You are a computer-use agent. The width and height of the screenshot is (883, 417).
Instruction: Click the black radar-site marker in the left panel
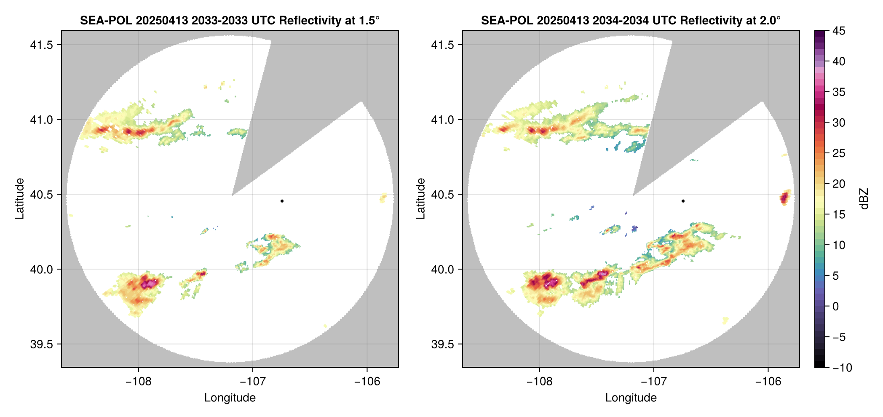pos(282,201)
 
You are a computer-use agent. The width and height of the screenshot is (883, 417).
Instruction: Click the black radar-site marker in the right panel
pos(683,201)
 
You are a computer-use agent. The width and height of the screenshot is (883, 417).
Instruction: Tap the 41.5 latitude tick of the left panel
pos(42,45)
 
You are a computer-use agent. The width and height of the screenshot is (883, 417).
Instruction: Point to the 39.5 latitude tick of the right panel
pos(443,345)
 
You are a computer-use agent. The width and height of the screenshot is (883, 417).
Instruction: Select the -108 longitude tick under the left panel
pos(139,382)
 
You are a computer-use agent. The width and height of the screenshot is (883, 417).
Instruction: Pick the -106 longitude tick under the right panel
pos(768,382)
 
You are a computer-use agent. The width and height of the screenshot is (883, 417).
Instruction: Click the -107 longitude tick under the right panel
pos(654,382)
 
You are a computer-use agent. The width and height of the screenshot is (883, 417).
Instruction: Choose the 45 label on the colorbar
pos(839,31)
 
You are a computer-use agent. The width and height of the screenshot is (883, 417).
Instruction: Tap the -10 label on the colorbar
pos(842,368)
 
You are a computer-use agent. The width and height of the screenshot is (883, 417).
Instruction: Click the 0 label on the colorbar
pos(836,307)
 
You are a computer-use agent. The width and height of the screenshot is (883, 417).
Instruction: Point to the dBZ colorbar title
pos(864,199)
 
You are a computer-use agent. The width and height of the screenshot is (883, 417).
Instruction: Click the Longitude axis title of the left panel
pos(230,398)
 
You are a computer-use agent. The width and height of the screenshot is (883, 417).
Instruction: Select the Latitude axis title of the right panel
pos(420,199)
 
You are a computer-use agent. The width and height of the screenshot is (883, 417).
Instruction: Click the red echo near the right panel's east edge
pos(784,197)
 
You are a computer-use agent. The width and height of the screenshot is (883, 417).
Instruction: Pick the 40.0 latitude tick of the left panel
pos(42,270)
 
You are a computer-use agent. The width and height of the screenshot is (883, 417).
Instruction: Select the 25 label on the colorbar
pos(839,153)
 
